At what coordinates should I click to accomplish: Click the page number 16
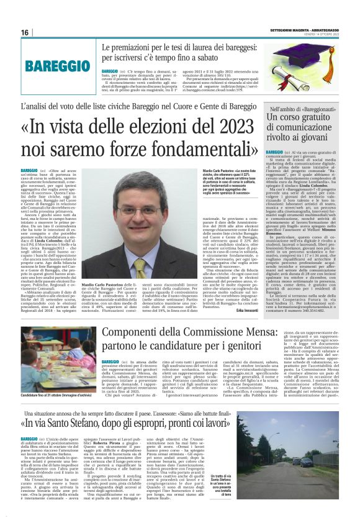click(25, 32)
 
